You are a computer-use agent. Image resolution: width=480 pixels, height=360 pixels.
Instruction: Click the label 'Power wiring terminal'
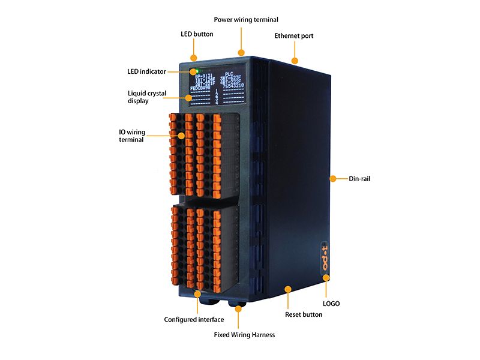point(238,20)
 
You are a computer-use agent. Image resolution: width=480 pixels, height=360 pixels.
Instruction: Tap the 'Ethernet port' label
point(293,36)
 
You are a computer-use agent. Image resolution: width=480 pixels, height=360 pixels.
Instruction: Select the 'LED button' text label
point(197,34)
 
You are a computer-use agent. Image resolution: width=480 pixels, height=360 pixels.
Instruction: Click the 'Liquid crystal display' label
point(147,97)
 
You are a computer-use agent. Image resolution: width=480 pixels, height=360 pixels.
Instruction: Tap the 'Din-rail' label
point(360,178)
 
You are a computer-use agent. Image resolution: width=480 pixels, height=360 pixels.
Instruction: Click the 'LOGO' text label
point(331,304)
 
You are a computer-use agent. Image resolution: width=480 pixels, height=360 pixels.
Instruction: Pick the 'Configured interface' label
point(194,319)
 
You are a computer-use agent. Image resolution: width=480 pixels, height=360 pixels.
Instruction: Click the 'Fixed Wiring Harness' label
point(244,335)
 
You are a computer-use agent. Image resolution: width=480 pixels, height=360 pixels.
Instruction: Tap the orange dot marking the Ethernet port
point(295,60)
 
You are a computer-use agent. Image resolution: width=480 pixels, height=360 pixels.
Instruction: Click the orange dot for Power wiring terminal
point(242,52)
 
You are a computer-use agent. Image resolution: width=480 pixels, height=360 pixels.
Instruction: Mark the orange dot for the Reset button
point(289,289)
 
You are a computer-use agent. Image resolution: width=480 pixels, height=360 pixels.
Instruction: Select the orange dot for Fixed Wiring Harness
point(239,308)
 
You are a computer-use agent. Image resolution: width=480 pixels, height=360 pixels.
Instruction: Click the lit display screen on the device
point(216,84)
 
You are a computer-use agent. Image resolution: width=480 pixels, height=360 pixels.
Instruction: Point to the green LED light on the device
point(196,70)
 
